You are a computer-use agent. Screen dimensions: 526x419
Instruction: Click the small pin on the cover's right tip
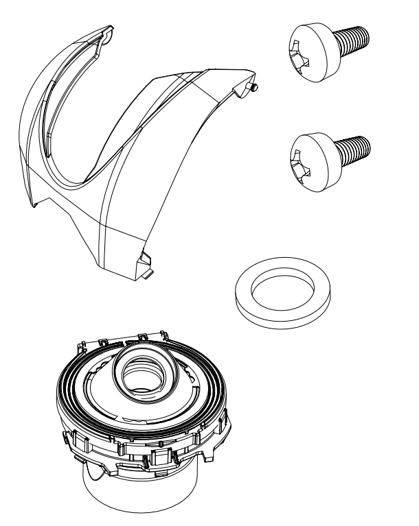254,87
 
